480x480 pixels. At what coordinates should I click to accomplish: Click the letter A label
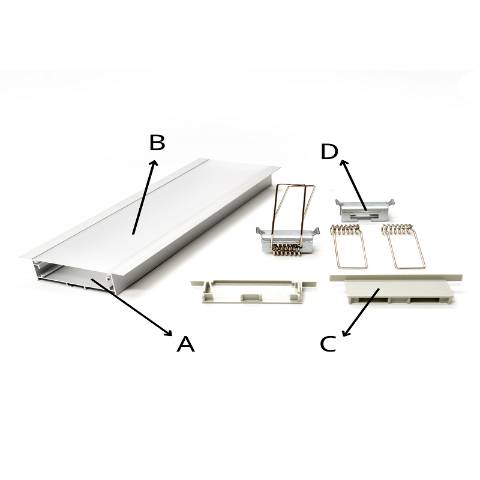pos(185,344)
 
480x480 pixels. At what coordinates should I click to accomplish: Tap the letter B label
pos(157,142)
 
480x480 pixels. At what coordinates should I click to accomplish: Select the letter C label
pos(328,344)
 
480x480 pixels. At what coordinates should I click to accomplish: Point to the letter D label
pos(329,152)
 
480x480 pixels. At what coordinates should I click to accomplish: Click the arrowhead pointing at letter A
pos(169,332)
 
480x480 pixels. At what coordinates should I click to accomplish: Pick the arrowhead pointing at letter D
pos(344,163)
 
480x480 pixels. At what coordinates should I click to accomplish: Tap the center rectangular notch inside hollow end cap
pos(251,297)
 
